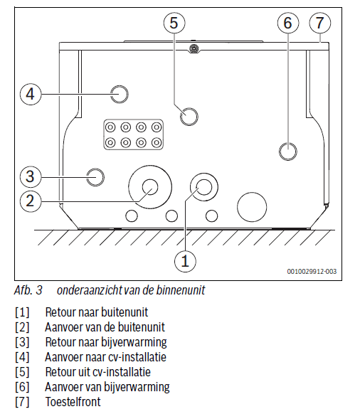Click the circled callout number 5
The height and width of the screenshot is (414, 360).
[174, 23]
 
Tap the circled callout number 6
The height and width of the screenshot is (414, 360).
[288, 23]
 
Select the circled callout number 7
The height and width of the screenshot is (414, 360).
[320, 23]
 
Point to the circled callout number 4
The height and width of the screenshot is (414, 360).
[31, 94]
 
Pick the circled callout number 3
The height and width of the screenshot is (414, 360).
[31, 176]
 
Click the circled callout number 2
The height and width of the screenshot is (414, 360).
[31, 201]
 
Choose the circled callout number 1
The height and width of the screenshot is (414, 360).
[185, 261]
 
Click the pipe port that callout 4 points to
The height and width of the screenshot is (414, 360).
[119, 94]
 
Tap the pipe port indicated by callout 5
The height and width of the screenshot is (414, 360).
[189, 117]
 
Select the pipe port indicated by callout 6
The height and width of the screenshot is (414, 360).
[288, 152]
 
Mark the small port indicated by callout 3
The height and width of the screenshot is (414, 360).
[95, 177]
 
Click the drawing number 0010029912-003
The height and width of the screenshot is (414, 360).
[312, 271]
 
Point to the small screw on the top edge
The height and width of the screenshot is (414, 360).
[194, 48]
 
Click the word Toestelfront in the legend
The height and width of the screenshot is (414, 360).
[73, 402]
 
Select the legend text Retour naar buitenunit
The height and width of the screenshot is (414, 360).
[97, 312]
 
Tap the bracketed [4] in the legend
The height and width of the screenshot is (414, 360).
[22, 357]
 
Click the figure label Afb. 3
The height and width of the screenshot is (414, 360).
[28, 290]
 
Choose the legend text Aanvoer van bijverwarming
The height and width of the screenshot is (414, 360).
[107, 387]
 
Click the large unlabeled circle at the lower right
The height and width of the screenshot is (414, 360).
[252, 207]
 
